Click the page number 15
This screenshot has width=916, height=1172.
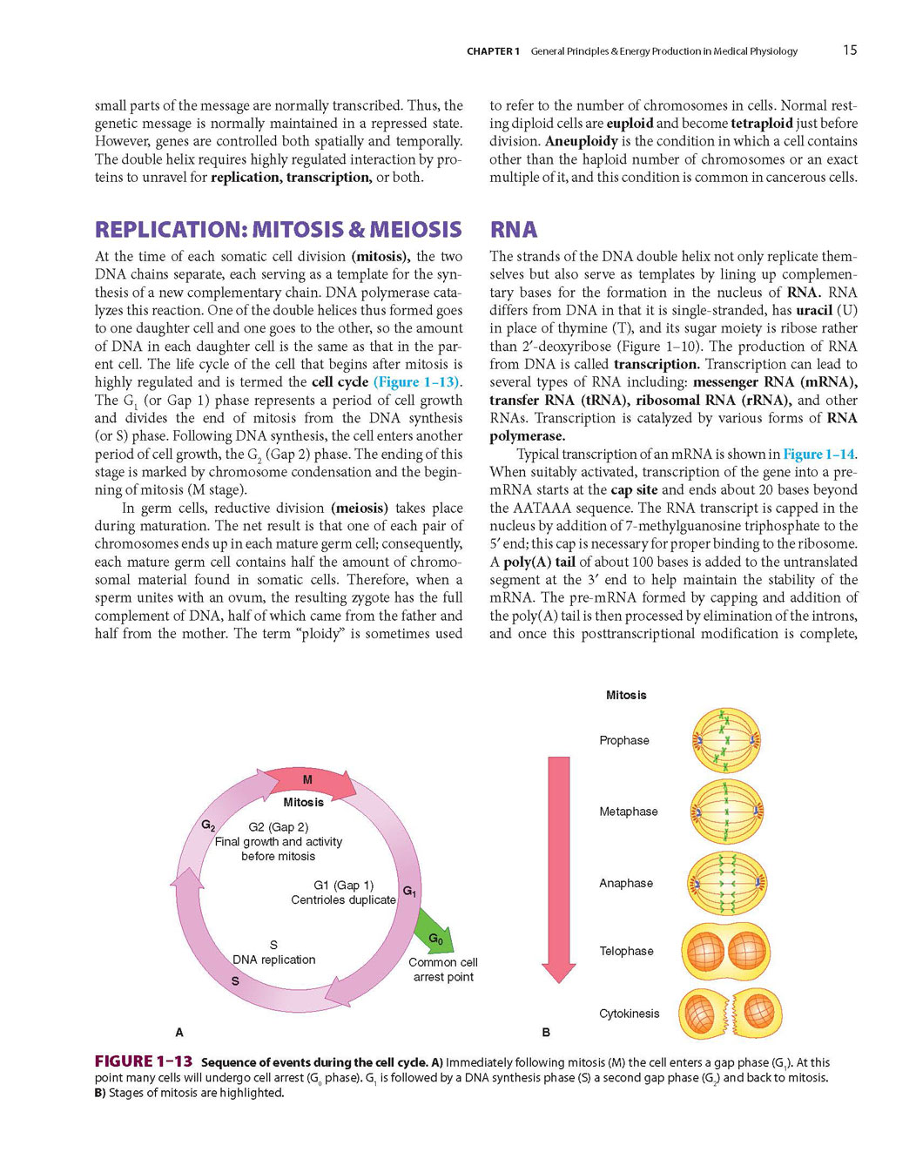(849, 51)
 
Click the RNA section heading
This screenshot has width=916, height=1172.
(514, 230)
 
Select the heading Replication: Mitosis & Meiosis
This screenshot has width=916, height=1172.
(278, 230)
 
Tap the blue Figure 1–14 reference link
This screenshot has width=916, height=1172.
(818, 455)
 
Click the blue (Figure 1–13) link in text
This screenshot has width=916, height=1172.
(417, 382)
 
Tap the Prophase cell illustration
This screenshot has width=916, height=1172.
(726, 741)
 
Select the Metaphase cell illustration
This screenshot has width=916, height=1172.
(726, 812)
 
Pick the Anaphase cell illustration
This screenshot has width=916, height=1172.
(726, 883)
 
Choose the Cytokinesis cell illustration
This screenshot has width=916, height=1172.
(730, 1014)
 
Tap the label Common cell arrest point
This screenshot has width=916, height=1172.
(443, 970)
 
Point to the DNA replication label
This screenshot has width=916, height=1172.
(273, 960)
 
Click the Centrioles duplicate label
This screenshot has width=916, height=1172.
(343, 899)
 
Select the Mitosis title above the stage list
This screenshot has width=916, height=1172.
(626, 695)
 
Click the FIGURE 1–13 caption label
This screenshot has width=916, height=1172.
(144, 1061)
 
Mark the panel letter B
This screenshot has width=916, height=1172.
(546, 1033)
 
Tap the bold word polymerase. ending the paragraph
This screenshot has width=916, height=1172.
(527, 436)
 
